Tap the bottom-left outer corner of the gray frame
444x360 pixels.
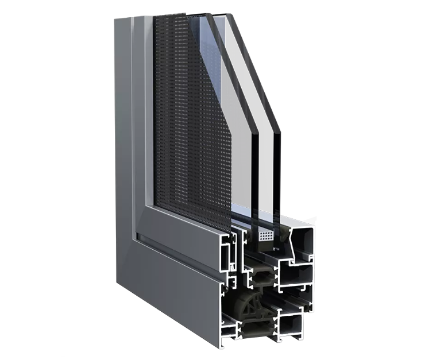point(117,284)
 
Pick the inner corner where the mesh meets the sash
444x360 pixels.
point(156,202)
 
